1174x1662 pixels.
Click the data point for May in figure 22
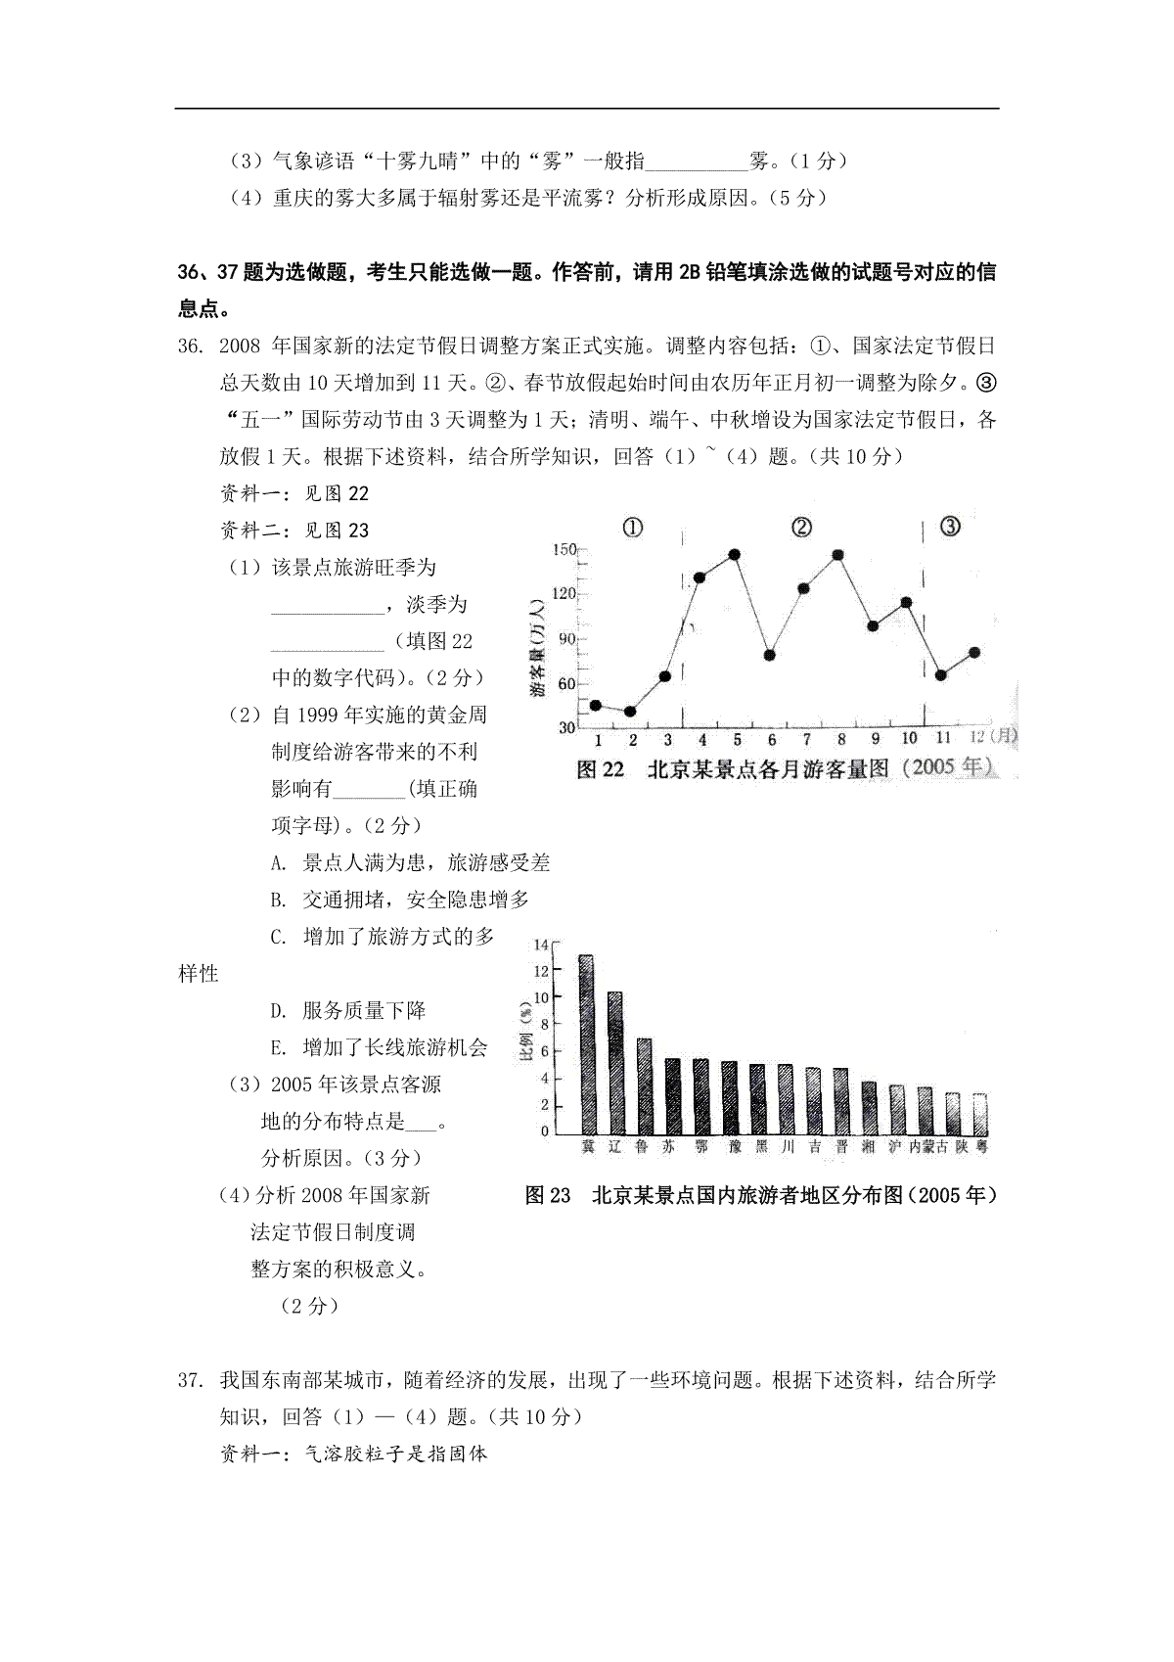coord(735,555)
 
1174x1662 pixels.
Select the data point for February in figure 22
coord(630,712)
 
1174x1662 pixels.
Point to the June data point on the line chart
coord(770,655)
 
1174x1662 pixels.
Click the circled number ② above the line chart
coord(801,529)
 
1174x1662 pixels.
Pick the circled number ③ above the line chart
coord(950,528)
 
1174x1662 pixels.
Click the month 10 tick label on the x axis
coord(909,738)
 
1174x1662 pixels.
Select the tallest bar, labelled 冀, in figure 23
coord(587,1043)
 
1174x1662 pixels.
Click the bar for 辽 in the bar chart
coord(615,1062)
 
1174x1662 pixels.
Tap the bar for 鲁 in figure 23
coord(644,1085)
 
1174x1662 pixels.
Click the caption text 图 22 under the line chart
coord(600,769)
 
